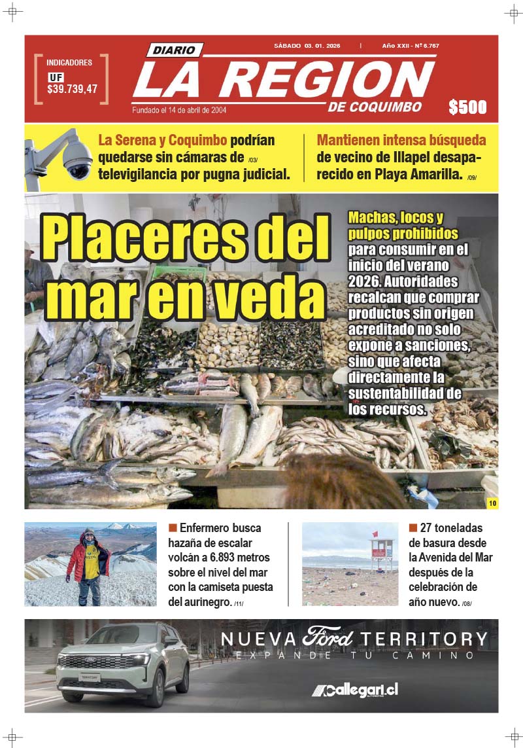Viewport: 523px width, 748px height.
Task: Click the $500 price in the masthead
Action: coord(467,107)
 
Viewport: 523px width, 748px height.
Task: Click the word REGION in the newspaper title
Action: coord(330,79)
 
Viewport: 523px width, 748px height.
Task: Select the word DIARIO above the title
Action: coord(175,50)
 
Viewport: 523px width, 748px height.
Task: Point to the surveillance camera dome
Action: coord(78,160)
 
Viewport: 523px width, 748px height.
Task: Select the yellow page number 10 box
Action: coord(492,503)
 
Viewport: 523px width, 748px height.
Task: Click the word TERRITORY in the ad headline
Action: coord(424,639)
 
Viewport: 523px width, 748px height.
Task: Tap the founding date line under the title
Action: coord(179,110)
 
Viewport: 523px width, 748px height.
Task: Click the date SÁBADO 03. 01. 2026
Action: coord(311,46)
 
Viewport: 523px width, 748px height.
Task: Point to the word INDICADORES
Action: coord(69,63)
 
